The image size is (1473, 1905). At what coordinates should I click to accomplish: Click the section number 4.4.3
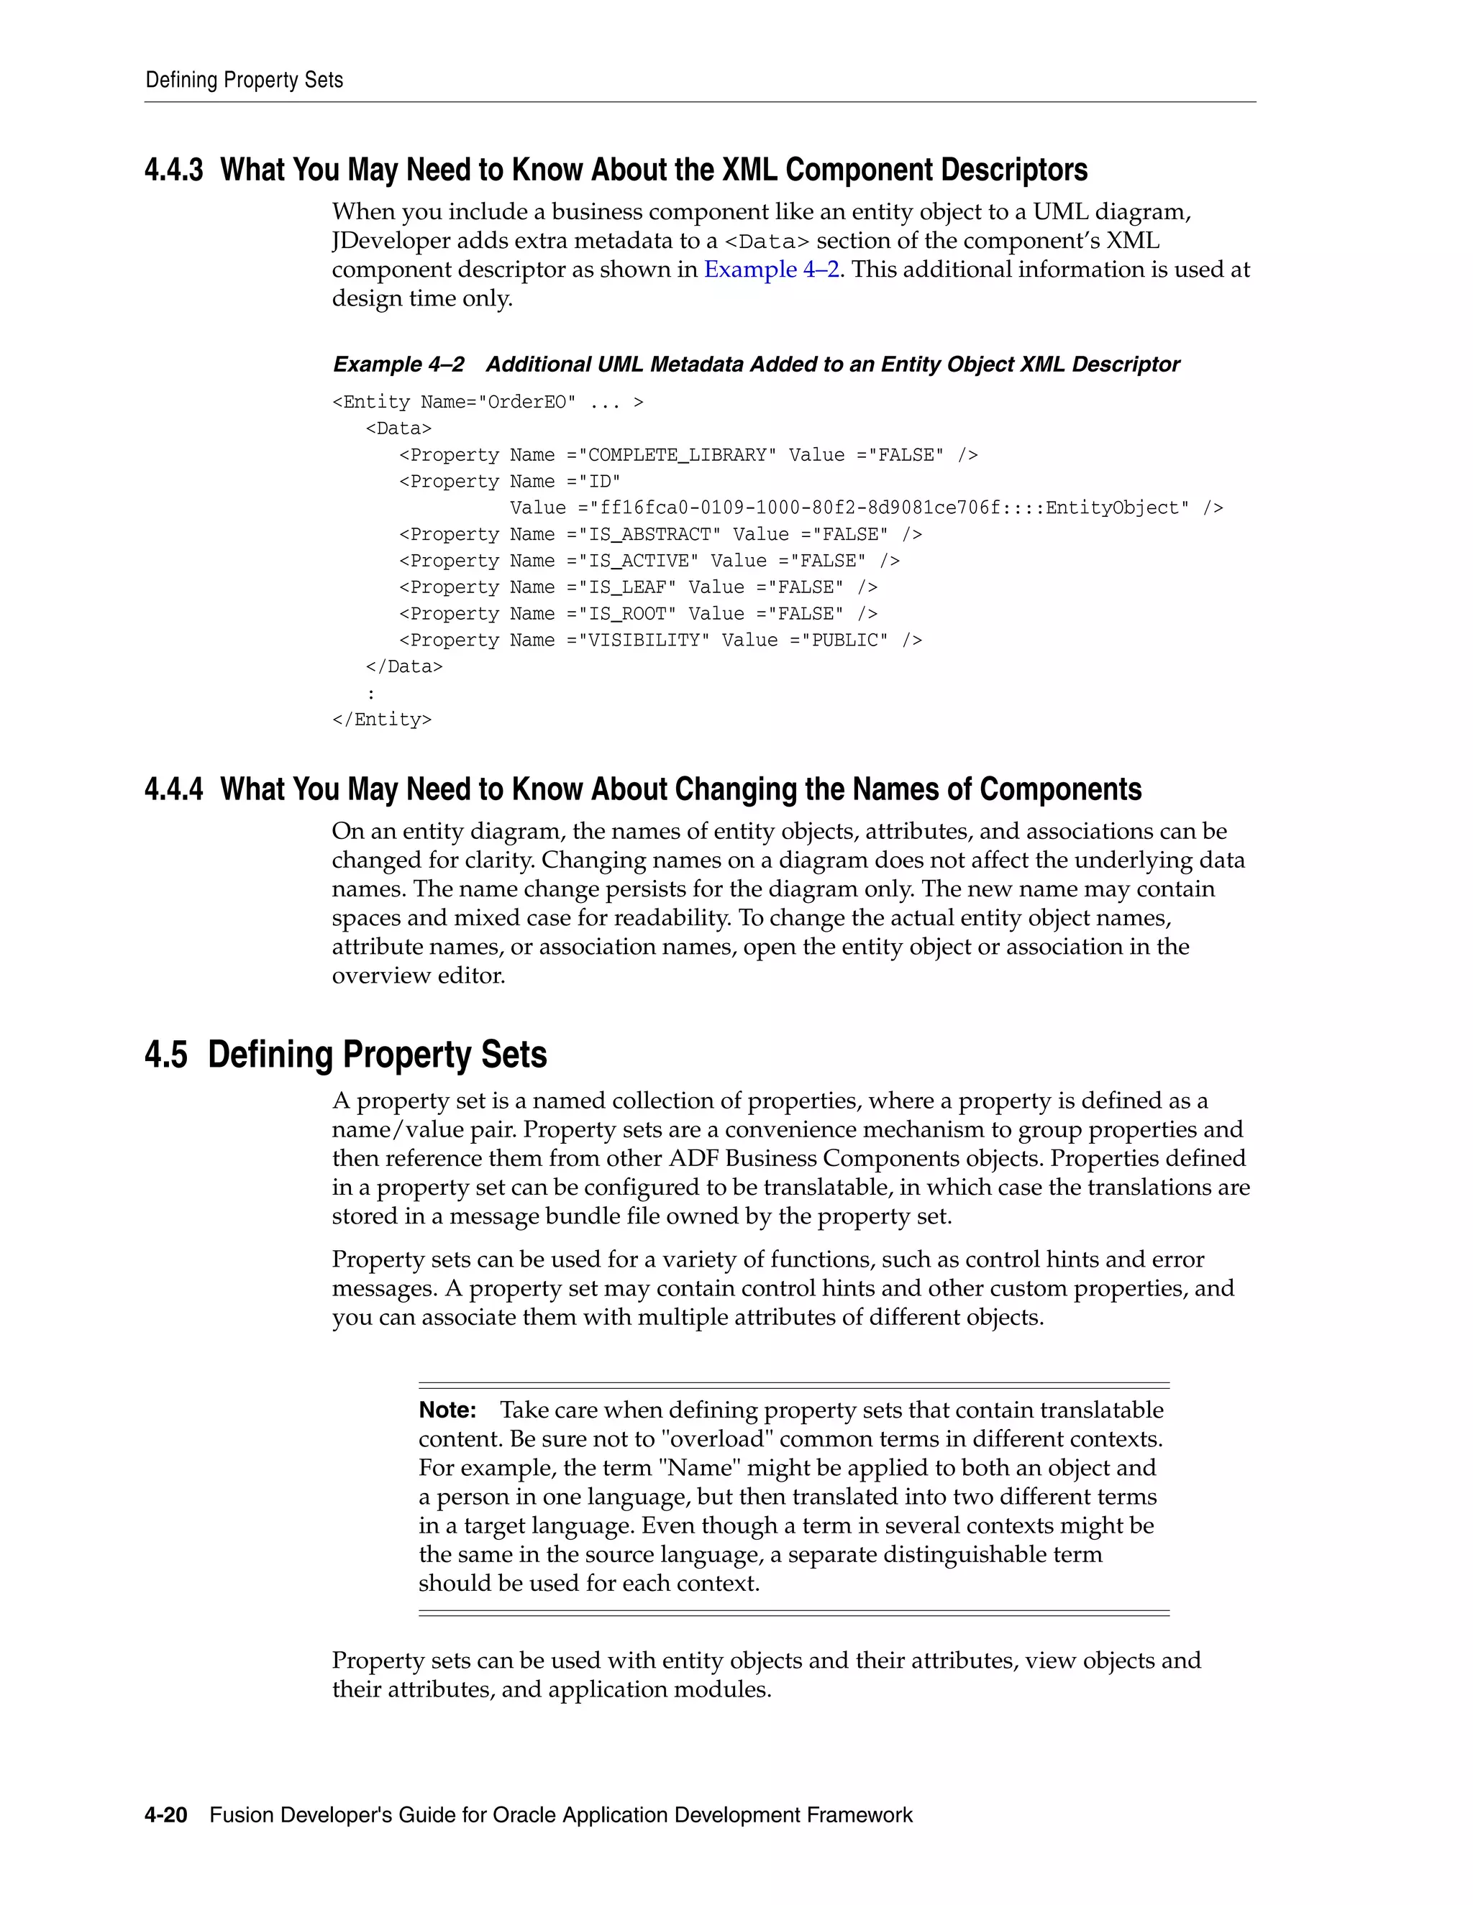pyautogui.click(x=173, y=170)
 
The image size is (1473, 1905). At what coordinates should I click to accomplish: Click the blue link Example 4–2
pyautogui.click(x=772, y=270)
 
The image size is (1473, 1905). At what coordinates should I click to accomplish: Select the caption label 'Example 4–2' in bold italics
pyautogui.click(x=398, y=364)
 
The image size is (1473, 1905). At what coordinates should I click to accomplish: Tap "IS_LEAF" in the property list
pyautogui.click(x=627, y=588)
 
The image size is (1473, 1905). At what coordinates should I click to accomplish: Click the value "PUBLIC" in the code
pyautogui.click(x=844, y=641)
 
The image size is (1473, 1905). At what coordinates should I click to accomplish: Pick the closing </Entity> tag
pyautogui.click(x=381, y=720)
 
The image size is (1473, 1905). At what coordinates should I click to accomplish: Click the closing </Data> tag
pyautogui.click(x=404, y=667)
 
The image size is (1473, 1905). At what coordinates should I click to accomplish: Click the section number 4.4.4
pyautogui.click(x=173, y=789)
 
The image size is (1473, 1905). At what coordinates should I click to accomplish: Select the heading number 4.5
pyautogui.click(x=166, y=1055)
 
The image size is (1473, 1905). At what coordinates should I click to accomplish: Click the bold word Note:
pyautogui.click(x=447, y=1410)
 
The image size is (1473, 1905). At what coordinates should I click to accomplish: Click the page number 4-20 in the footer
pyautogui.click(x=166, y=1815)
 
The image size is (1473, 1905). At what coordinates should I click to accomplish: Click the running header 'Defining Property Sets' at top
pyautogui.click(x=245, y=81)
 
